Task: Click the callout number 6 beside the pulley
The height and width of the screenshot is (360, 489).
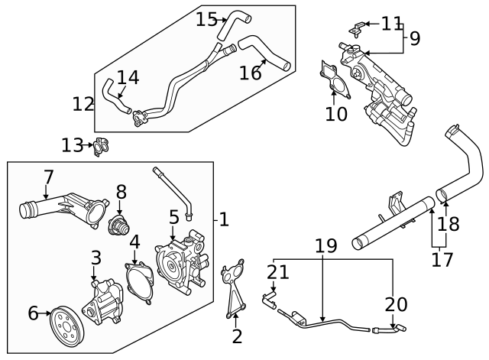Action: [x=33, y=313]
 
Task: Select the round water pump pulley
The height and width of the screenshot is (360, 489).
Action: [x=66, y=327]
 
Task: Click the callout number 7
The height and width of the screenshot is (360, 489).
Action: [x=48, y=177]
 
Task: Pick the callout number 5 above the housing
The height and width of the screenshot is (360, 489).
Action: [x=173, y=217]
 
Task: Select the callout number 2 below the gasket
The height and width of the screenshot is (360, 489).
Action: [x=237, y=336]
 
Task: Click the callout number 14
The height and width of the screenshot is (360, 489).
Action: [x=128, y=77]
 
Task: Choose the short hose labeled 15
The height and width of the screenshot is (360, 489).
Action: [x=230, y=30]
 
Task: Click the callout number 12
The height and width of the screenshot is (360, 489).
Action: [x=83, y=103]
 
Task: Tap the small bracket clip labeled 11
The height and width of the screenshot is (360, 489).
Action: [x=355, y=30]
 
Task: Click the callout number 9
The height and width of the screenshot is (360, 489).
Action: [x=414, y=37]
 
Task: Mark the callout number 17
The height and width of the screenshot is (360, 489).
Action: [x=442, y=260]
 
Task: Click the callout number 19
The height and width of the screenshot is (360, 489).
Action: [x=325, y=245]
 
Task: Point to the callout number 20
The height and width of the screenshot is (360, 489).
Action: [x=396, y=303]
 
